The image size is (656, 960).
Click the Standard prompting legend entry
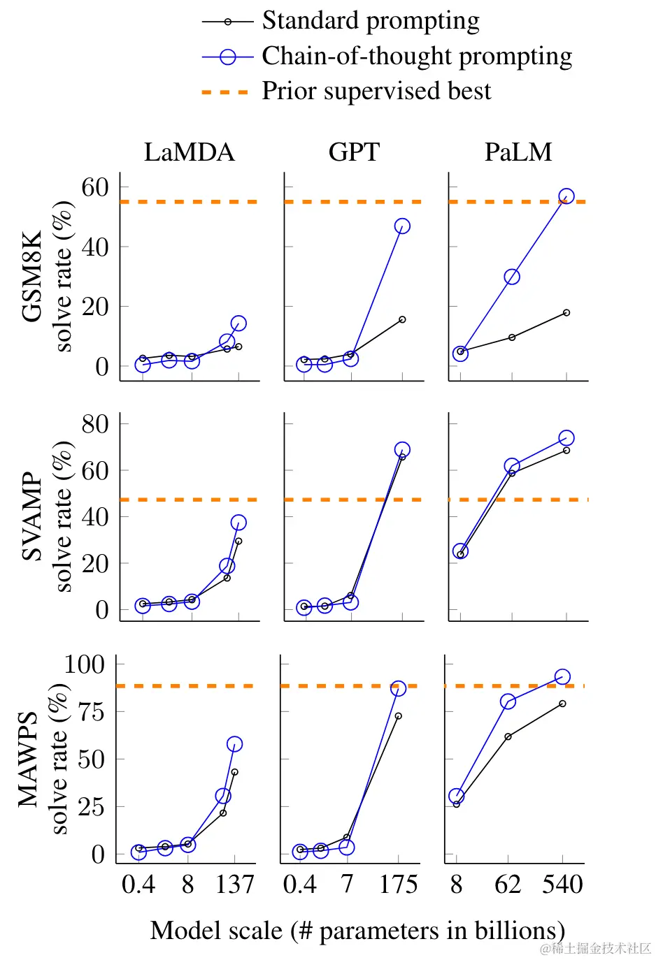point(371,21)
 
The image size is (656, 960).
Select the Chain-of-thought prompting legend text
point(417,56)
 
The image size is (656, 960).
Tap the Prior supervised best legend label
point(376,91)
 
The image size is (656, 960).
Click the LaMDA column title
point(189,152)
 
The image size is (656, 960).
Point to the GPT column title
point(354,152)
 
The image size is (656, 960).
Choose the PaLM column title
point(518,152)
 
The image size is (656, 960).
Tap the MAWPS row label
point(28,759)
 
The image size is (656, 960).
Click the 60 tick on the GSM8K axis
point(95,187)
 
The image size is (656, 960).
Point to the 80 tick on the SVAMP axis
point(95,423)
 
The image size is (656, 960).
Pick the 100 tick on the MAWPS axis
point(84,664)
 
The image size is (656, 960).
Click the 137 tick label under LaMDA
point(234,885)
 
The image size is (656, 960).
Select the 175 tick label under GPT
point(399,885)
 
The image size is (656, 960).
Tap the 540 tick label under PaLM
point(562,885)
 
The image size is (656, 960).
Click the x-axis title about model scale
point(357,931)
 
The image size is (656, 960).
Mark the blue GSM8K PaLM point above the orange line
point(566,196)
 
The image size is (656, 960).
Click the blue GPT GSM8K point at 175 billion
point(402,226)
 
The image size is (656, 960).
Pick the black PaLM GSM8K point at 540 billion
point(566,312)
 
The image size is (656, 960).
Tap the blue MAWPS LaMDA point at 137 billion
point(235,744)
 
